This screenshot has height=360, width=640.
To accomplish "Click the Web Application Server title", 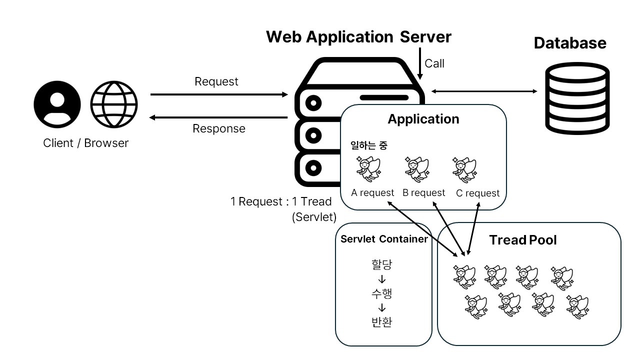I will (x=358, y=37).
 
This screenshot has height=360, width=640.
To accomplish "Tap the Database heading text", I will (x=570, y=43).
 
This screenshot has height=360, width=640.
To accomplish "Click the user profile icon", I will (x=57, y=104).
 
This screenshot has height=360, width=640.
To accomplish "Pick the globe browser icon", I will (x=114, y=104).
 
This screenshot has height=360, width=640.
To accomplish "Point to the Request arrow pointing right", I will (x=219, y=94).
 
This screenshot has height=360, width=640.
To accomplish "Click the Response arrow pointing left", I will (x=219, y=117).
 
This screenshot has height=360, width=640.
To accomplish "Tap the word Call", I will (x=434, y=63).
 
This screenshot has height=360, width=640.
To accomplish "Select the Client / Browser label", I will (x=86, y=143).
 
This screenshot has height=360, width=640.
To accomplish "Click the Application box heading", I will (x=423, y=119).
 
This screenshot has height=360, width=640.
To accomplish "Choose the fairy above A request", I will (x=368, y=169).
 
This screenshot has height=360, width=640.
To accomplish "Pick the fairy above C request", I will (x=464, y=169).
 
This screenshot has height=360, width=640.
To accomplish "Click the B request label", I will (x=423, y=192).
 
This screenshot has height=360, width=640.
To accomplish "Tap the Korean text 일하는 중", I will (x=368, y=146).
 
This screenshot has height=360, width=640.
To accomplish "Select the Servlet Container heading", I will (x=384, y=239).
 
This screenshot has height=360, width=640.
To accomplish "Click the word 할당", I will (x=382, y=264).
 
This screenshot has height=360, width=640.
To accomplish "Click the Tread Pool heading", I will (x=523, y=240).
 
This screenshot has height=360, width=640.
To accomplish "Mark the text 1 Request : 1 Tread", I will (x=281, y=202).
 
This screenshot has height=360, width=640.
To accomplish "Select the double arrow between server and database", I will (x=484, y=91).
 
